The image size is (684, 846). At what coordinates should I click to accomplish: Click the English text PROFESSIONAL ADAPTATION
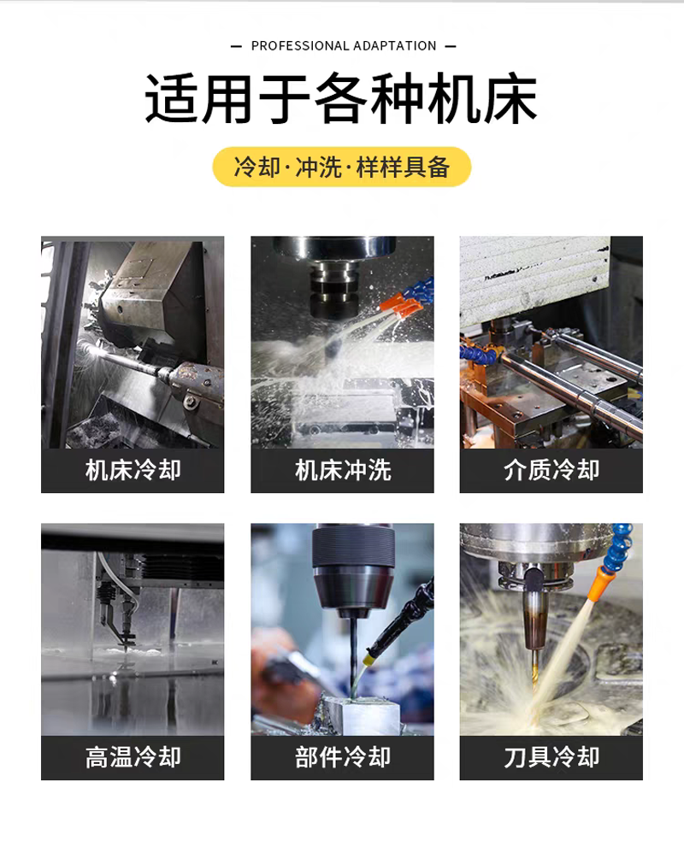344,46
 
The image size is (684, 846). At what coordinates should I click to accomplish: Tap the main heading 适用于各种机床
341,98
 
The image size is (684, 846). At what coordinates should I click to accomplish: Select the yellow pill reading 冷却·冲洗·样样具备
342,167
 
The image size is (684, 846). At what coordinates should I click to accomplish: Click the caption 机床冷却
133,470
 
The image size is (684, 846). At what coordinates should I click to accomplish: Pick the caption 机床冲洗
342,470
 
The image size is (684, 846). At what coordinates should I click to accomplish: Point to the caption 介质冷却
551,470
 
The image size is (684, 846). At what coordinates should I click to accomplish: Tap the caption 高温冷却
133,757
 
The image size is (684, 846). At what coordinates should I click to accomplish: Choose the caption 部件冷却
342,757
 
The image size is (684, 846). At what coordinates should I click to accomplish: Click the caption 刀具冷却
551,757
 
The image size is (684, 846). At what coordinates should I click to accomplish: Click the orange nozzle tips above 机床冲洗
400,305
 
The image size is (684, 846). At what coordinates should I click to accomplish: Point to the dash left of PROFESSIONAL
236,46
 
